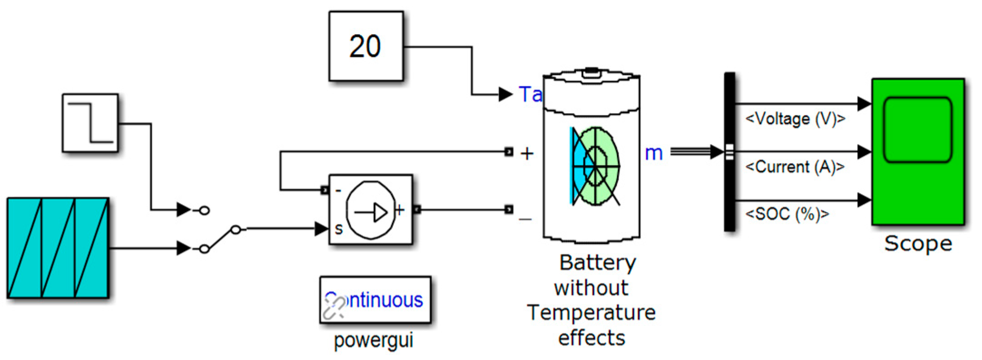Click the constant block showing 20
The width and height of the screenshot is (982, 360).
tap(366, 46)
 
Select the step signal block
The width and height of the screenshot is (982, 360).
tap(90, 123)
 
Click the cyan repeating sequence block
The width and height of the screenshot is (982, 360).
tap(58, 248)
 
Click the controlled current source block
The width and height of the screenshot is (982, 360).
tap(370, 210)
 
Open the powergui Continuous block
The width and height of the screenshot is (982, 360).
tap(375, 300)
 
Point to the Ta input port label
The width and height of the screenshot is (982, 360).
tap(530, 94)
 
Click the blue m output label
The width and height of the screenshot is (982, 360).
tap(653, 153)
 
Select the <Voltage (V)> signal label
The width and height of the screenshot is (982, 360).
tap(795, 119)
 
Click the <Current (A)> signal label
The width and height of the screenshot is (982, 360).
tap(795, 167)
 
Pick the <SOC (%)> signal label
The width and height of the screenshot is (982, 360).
tap(787, 214)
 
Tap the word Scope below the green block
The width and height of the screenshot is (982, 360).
tap(918, 244)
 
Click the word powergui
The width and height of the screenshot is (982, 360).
tap(373, 340)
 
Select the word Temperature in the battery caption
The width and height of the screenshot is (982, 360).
tap(591, 313)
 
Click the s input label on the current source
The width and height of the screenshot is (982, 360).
tap(339, 229)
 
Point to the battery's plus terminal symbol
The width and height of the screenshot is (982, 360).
tap(527, 153)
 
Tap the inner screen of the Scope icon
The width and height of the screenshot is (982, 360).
tap(918, 129)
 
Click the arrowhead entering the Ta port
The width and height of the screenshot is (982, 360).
tap(505, 94)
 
